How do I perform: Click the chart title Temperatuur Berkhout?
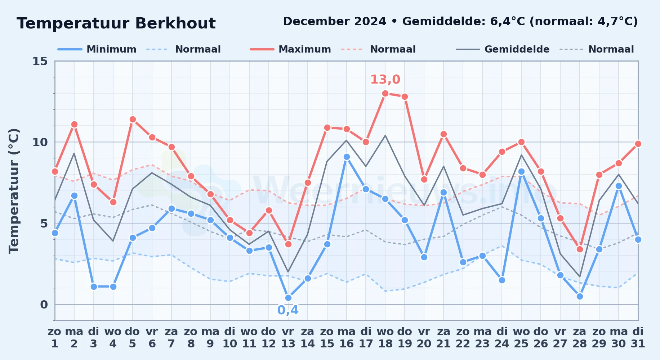(116, 23)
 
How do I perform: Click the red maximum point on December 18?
(385, 94)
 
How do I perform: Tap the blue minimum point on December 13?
(288, 298)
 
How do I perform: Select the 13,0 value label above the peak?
(385, 79)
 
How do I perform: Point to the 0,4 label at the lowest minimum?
(288, 310)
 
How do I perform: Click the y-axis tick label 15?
(40, 61)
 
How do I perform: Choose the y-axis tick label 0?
(44, 305)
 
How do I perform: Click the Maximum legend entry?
(290, 49)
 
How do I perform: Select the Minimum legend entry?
(97, 49)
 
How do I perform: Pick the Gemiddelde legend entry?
(503, 49)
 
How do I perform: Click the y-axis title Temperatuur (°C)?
(14, 191)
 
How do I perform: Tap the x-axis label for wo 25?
(521, 338)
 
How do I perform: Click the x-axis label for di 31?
(638, 338)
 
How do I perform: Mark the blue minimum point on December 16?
(347, 157)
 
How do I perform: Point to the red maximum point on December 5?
(133, 120)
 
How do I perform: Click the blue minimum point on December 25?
(521, 172)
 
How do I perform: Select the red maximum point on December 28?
(580, 249)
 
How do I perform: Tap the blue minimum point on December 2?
(74, 196)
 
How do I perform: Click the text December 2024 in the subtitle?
(334, 21)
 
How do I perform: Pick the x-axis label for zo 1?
(55, 338)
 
